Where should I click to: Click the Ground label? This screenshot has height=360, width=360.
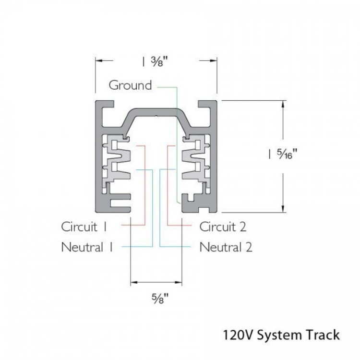point(130,85)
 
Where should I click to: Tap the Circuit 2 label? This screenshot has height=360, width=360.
point(223,226)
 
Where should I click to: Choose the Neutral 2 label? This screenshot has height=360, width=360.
point(226,247)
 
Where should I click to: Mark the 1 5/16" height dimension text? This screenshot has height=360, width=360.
point(284,154)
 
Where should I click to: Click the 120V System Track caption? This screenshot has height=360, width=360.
point(281,334)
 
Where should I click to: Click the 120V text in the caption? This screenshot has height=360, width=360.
point(235,334)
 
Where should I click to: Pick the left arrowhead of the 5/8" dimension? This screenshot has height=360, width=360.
point(133,281)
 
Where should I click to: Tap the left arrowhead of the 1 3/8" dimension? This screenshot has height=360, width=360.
point(98,60)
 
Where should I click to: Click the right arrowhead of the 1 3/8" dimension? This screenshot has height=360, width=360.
point(216,60)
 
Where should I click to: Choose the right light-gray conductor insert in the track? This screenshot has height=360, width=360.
point(195,159)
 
